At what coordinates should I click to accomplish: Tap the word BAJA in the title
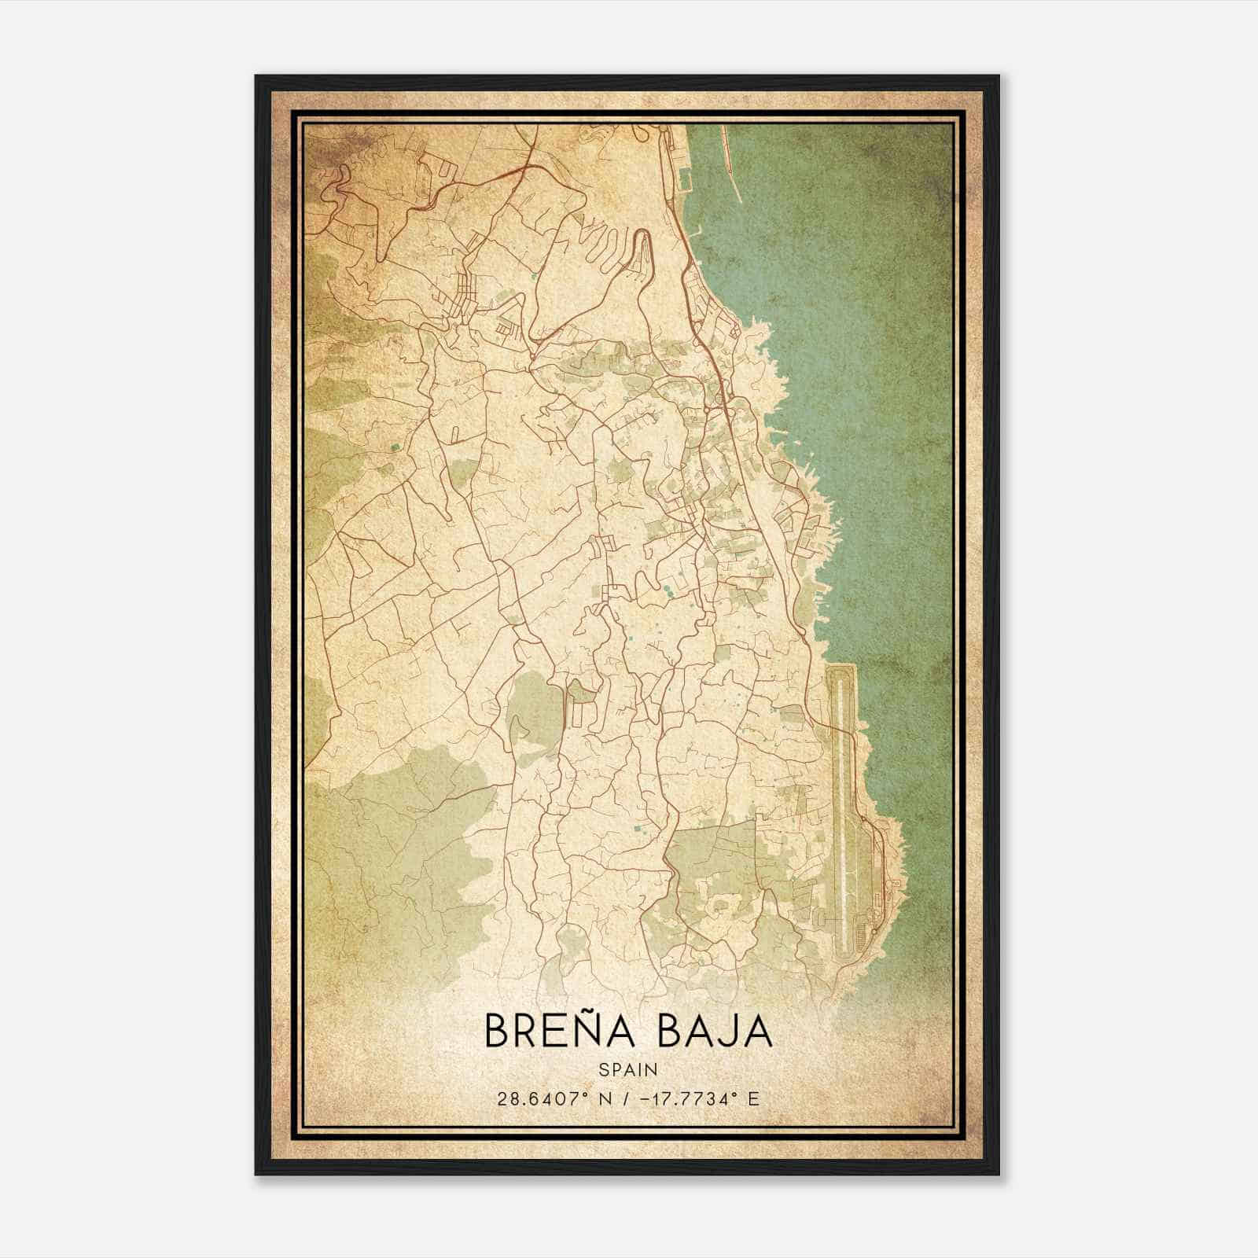click(713, 1032)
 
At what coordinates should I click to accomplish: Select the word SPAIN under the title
click(628, 1069)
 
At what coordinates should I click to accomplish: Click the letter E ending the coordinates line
click(753, 1098)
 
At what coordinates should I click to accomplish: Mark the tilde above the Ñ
click(596, 1010)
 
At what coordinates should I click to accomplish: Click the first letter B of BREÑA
click(496, 1032)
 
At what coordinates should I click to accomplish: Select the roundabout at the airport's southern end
click(874, 932)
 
